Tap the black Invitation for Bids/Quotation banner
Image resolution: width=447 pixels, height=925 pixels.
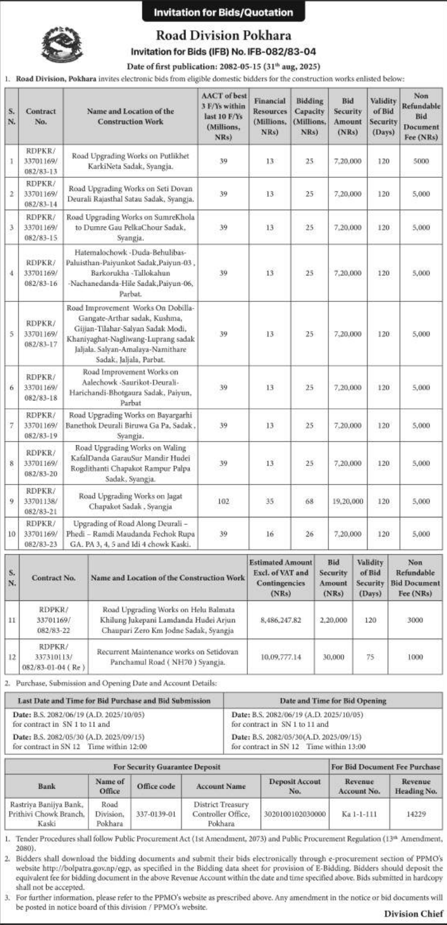point(223,12)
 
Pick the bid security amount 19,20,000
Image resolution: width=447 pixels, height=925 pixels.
point(349,502)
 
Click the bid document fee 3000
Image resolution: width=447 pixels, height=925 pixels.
point(415,620)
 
